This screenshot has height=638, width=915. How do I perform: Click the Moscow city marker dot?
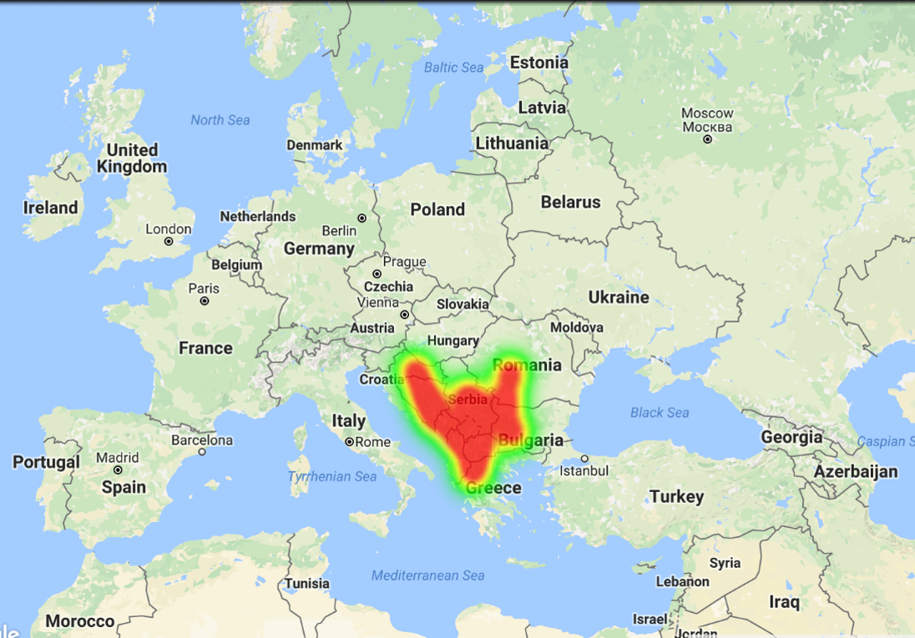[x=708, y=139]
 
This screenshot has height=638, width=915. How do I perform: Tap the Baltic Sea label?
[x=453, y=67]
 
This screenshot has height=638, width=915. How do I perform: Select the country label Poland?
[x=437, y=209]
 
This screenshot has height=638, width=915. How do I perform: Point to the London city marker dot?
[x=169, y=241]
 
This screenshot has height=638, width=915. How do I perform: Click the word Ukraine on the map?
[x=619, y=297]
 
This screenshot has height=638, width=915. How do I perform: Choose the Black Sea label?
[x=660, y=412]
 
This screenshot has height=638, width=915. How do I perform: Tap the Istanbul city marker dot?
[x=584, y=459]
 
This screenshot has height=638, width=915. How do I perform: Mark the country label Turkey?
[x=676, y=496]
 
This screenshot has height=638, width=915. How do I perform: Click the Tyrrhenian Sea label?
[x=332, y=476]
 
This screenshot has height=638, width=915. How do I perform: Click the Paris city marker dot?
[x=204, y=300]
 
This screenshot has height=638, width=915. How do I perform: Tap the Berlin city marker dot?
[x=362, y=219]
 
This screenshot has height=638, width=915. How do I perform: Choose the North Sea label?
[x=220, y=120]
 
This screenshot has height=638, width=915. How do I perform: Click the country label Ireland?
[x=50, y=208]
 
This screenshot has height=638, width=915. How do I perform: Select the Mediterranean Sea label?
[x=427, y=575]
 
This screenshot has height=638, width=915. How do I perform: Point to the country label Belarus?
[x=570, y=202]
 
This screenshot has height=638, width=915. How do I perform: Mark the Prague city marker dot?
[x=377, y=274]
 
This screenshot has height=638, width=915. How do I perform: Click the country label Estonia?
[x=538, y=63]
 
